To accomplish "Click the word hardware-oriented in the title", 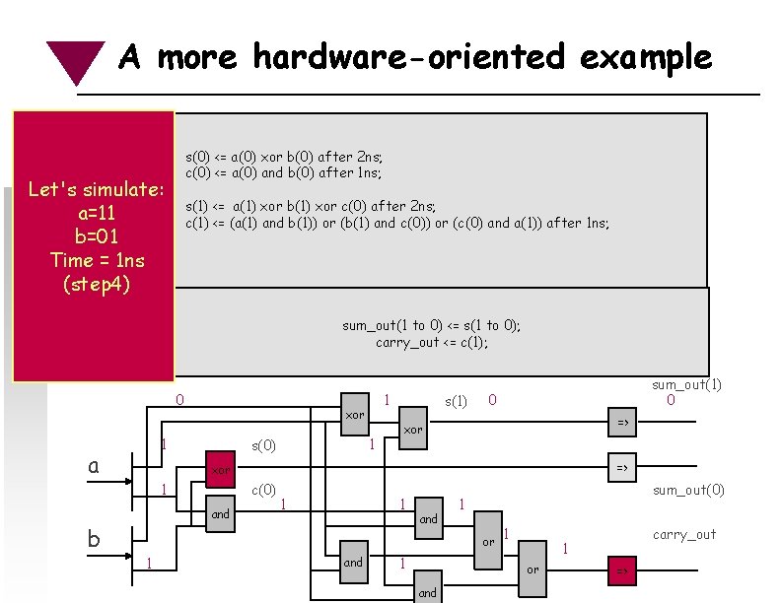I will click(x=409, y=57).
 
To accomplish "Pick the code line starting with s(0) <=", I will click(x=284, y=157).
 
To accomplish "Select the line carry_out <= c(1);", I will click(x=432, y=343).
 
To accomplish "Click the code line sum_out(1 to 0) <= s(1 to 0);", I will click(x=431, y=326).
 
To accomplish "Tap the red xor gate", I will click(x=221, y=471).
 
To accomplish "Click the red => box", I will click(x=622, y=570).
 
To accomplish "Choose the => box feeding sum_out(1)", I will click(x=622, y=423).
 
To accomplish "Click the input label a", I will click(x=93, y=465).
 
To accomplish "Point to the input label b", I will click(x=93, y=538).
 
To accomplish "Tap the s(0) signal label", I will click(x=263, y=446).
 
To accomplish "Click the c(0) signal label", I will click(x=263, y=490).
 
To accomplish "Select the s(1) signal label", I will click(x=456, y=401).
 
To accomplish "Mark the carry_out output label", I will click(x=684, y=535).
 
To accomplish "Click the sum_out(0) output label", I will click(x=688, y=490).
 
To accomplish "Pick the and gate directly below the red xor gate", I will click(x=221, y=513).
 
